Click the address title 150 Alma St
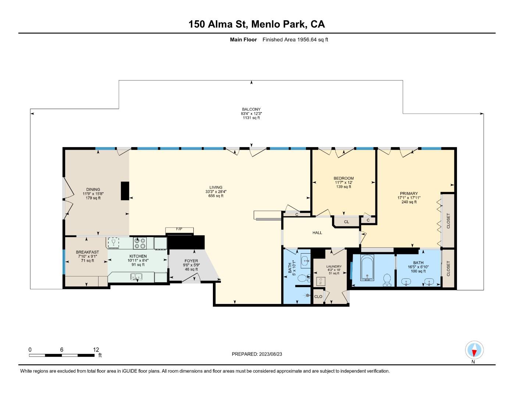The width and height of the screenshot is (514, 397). click(257, 24)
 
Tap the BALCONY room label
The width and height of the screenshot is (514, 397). click(251, 109)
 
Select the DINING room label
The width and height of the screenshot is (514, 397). click(93, 190)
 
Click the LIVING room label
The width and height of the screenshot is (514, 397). click(216, 187)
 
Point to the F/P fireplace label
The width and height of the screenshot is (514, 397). click(179, 229)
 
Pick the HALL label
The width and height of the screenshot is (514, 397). click(317, 233)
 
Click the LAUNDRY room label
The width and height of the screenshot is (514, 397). click(334, 267)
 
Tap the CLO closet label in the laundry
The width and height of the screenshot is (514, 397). click(318, 297)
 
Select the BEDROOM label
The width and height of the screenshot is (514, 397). click(344, 178)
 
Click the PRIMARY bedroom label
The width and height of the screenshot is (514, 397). click(409, 194)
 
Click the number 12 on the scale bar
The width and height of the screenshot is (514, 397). click(96, 350)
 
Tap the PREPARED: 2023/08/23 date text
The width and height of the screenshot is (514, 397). click(257, 354)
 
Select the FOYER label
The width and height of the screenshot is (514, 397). click(191, 261)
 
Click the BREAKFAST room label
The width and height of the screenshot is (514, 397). click(88, 252)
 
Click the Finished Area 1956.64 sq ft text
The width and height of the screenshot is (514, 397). click(295, 40)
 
